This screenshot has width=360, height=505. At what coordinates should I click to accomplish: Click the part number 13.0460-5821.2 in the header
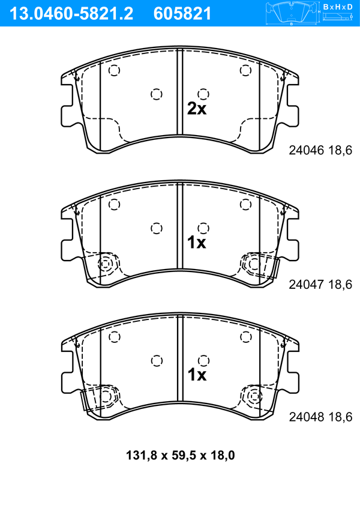coord(71,14)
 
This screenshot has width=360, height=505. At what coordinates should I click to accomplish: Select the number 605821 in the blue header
coord(182,14)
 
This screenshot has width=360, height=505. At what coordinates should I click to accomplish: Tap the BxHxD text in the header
coord(337,7)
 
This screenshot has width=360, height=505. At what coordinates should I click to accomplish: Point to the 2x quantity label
coord(197,109)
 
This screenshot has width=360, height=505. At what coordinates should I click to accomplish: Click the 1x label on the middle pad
coord(197,242)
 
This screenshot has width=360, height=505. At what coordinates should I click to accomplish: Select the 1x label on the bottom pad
coord(197,375)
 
